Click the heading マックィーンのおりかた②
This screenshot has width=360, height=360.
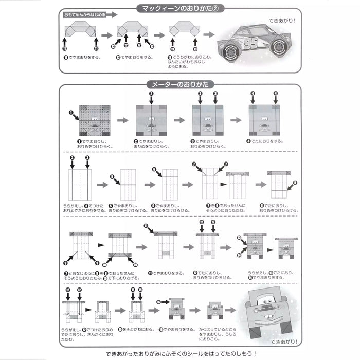[x=179, y=9]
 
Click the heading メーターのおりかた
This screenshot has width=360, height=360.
[x=179, y=84]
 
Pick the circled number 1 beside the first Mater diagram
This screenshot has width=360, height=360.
[x=73, y=112]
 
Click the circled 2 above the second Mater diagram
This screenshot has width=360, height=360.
[x=151, y=94]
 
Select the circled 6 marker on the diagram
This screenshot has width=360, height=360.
[x=154, y=169]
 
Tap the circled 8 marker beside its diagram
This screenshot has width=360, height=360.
[x=295, y=182]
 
